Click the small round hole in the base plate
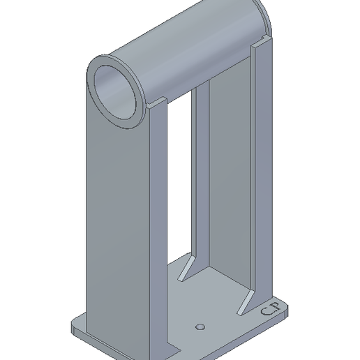pos(200,326)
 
